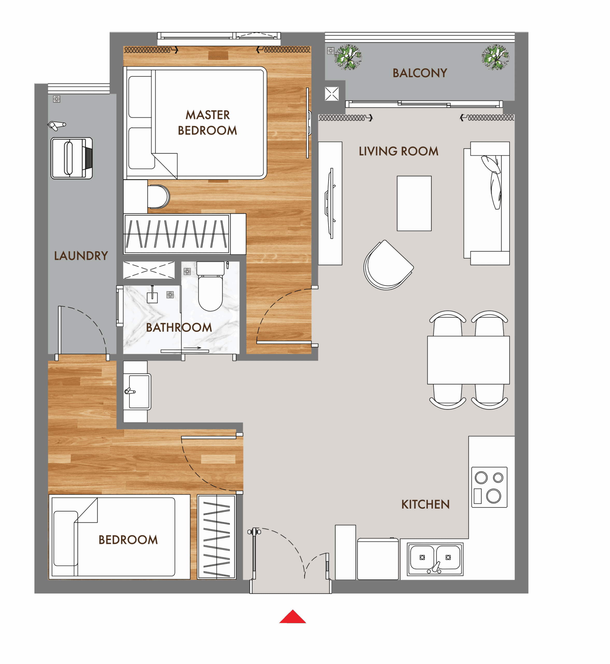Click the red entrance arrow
pyautogui.click(x=293, y=617)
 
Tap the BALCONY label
pyautogui.click(x=420, y=73)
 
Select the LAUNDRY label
pyautogui.click(x=81, y=256)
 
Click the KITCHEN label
pyautogui.click(x=425, y=504)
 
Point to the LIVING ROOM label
pyautogui.click(x=398, y=151)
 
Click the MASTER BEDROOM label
pyautogui.click(x=208, y=123)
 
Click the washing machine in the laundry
pyautogui.click(x=72, y=158)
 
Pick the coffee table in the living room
pyautogui.click(x=414, y=203)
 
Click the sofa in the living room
pyautogui.click(x=487, y=203)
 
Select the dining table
pyautogui.click(x=468, y=360)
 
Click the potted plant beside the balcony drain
pyautogui.click(x=348, y=57)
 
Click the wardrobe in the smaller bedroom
pyautogui.click(x=217, y=537)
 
